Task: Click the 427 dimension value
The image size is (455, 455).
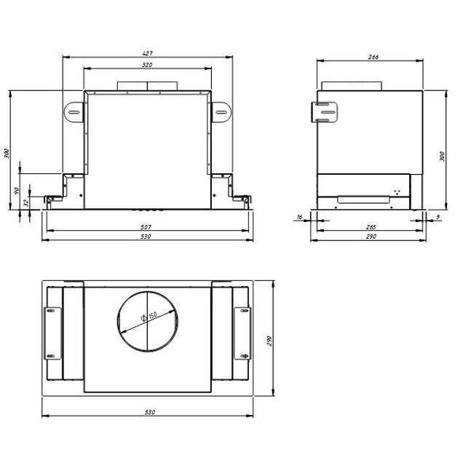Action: pos(148,54)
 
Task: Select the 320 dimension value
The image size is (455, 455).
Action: pos(148,66)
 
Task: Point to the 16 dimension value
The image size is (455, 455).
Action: pos(299,216)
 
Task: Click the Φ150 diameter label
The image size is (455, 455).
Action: pos(149,318)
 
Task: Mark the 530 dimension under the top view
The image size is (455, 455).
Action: pos(149,413)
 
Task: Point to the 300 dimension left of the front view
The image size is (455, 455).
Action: pos(7,154)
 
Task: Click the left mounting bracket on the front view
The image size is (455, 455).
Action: pos(74,113)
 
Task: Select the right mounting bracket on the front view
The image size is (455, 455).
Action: pos(221,113)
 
